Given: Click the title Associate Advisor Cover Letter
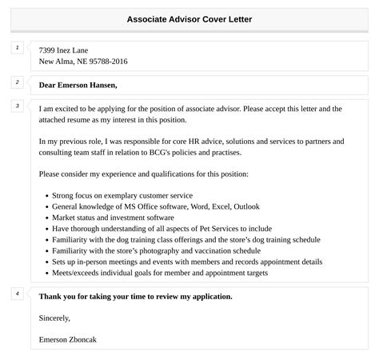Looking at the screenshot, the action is click(189, 18).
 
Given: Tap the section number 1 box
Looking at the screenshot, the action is click(17, 48).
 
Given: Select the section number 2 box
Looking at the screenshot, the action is click(17, 82).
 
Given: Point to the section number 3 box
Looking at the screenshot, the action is click(17, 106).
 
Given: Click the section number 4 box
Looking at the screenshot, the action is click(17, 294).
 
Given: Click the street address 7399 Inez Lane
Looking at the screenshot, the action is click(64, 49).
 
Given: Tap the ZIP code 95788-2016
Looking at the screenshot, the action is click(106, 62).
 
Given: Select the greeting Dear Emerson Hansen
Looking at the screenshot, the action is click(78, 84).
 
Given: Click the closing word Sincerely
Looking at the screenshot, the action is click(55, 318).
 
